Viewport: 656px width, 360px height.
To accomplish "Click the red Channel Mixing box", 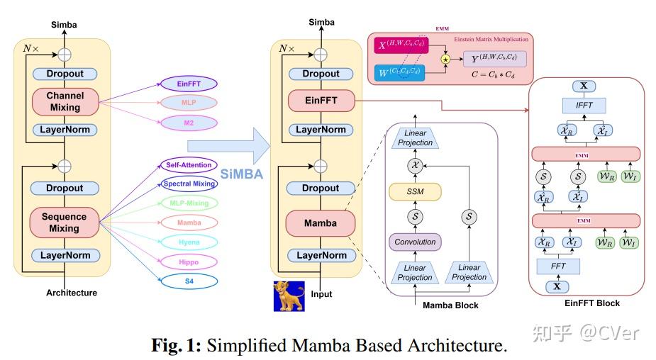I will [x=65, y=102].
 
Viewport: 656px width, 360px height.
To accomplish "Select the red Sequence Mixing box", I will [x=65, y=223].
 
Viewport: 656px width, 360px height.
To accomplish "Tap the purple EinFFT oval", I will [x=189, y=84].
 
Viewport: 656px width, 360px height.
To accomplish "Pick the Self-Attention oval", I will [x=189, y=165].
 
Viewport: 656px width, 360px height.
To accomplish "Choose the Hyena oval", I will [x=189, y=242].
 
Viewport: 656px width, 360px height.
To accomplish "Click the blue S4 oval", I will [x=189, y=281].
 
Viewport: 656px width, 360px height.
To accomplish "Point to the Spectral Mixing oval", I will [x=189, y=184].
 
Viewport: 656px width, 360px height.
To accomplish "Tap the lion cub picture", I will [x=289, y=296].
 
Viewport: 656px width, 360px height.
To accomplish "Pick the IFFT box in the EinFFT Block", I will [x=584, y=106].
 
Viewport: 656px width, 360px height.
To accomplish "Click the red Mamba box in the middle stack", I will [x=321, y=223].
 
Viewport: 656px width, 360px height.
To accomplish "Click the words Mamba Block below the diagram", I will [x=450, y=305].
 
